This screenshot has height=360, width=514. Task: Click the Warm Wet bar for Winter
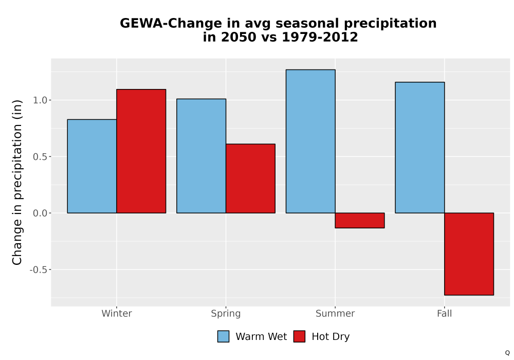pyautogui.click(x=92, y=166)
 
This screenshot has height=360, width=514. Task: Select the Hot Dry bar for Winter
pyautogui.click(x=141, y=151)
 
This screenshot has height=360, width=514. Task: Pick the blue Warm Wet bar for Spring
pyautogui.click(x=201, y=156)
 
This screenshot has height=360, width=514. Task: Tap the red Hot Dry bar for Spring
pyautogui.click(x=250, y=178)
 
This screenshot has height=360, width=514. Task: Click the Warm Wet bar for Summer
pyautogui.click(x=310, y=141)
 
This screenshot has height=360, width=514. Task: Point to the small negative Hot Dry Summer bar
pyautogui.click(x=360, y=220)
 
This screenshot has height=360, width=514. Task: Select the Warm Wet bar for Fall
pyautogui.click(x=420, y=148)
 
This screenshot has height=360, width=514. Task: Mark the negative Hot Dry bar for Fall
pyautogui.click(x=469, y=254)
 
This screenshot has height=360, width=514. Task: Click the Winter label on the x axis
pyautogui.click(x=117, y=313)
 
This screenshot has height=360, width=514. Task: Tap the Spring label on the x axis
pyautogui.click(x=226, y=314)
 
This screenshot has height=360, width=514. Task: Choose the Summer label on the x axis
pyautogui.click(x=335, y=313)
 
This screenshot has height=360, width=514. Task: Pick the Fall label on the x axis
pyautogui.click(x=445, y=313)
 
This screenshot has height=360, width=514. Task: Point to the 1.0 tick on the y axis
pyautogui.click(x=40, y=100)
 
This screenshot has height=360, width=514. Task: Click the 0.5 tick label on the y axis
pyautogui.click(x=40, y=157)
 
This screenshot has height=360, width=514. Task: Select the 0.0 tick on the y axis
pyautogui.click(x=40, y=213)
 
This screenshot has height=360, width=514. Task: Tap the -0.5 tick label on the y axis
pyautogui.click(x=39, y=270)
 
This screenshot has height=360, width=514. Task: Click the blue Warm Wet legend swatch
pyautogui.click(x=223, y=336)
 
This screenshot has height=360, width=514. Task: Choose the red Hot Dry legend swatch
pyautogui.click(x=299, y=336)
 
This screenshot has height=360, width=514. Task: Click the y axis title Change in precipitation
pyautogui.click(x=17, y=182)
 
